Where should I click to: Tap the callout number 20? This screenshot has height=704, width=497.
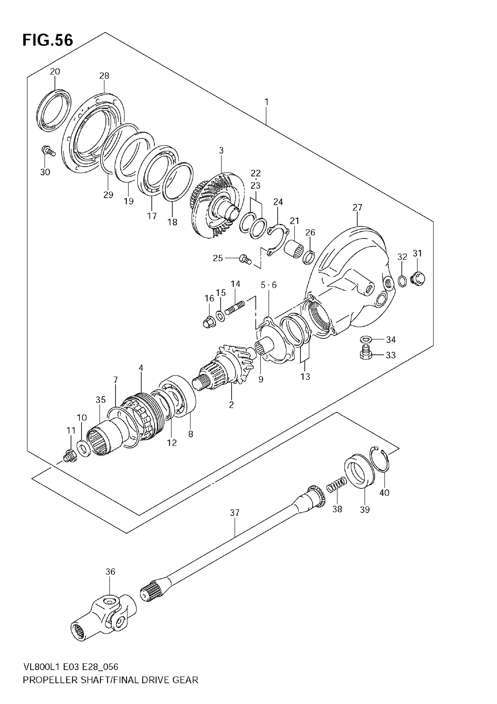pos(55,72)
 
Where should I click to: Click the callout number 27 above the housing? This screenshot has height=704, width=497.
pos(357,208)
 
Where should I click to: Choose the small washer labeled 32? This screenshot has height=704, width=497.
pos(403,281)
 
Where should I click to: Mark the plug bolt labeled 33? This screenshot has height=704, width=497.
pos(366,352)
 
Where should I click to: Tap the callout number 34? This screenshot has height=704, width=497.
pos(391,339)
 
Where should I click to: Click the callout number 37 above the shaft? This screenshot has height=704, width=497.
pos(234,513)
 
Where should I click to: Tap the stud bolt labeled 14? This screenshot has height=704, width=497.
pos(235,308)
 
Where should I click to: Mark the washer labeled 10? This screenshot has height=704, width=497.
pos(83,448)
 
